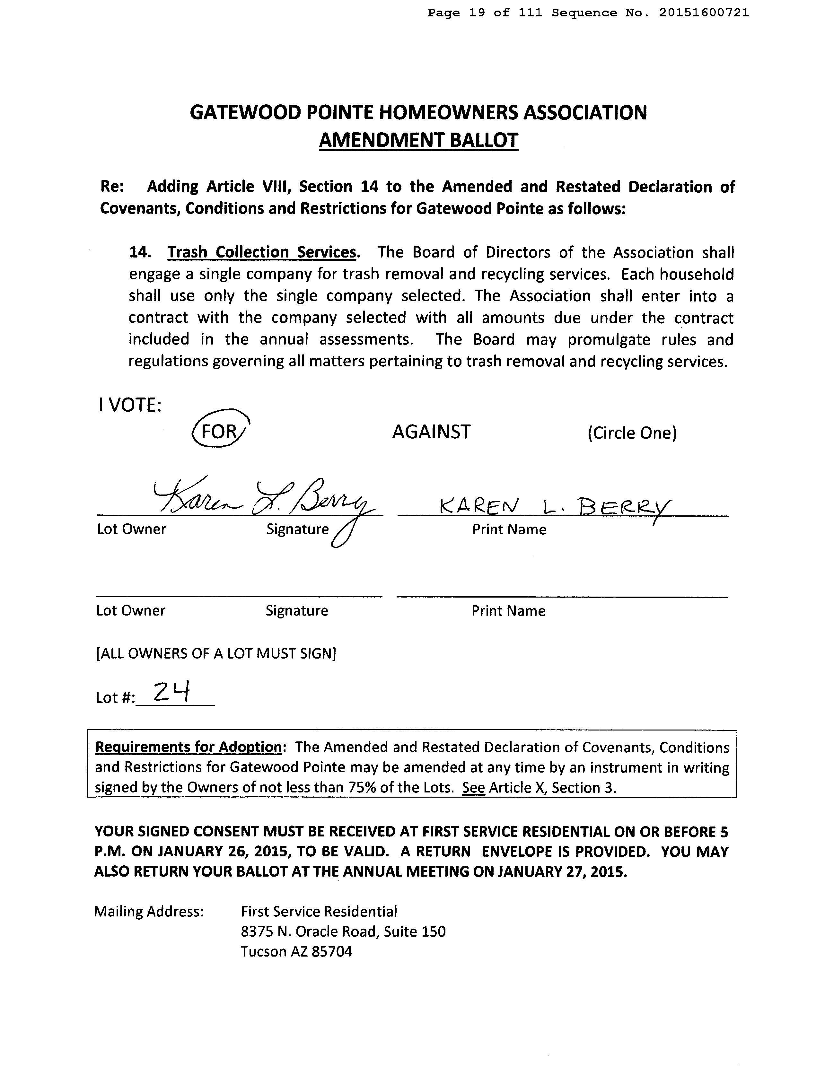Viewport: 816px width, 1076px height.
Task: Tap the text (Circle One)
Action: [x=632, y=433]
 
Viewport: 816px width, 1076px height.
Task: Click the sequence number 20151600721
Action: [x=704, y=13]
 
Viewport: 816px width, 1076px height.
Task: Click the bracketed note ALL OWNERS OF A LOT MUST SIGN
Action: [x=216, y=653]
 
